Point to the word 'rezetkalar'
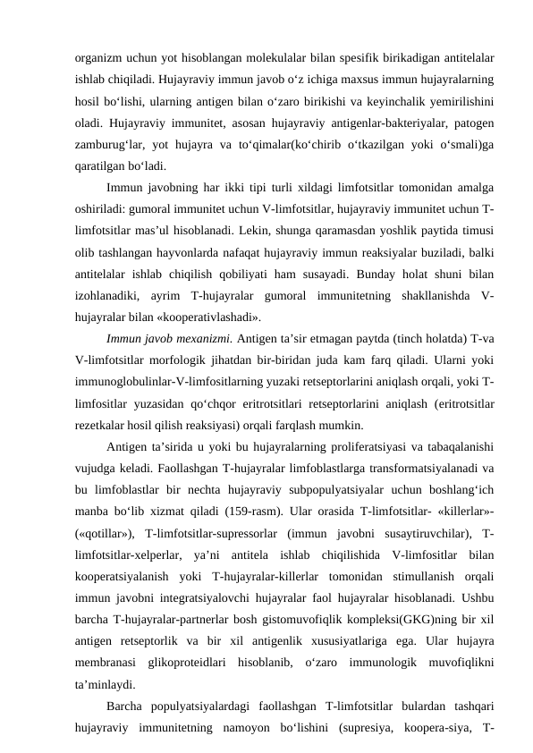(x=100, y=423)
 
